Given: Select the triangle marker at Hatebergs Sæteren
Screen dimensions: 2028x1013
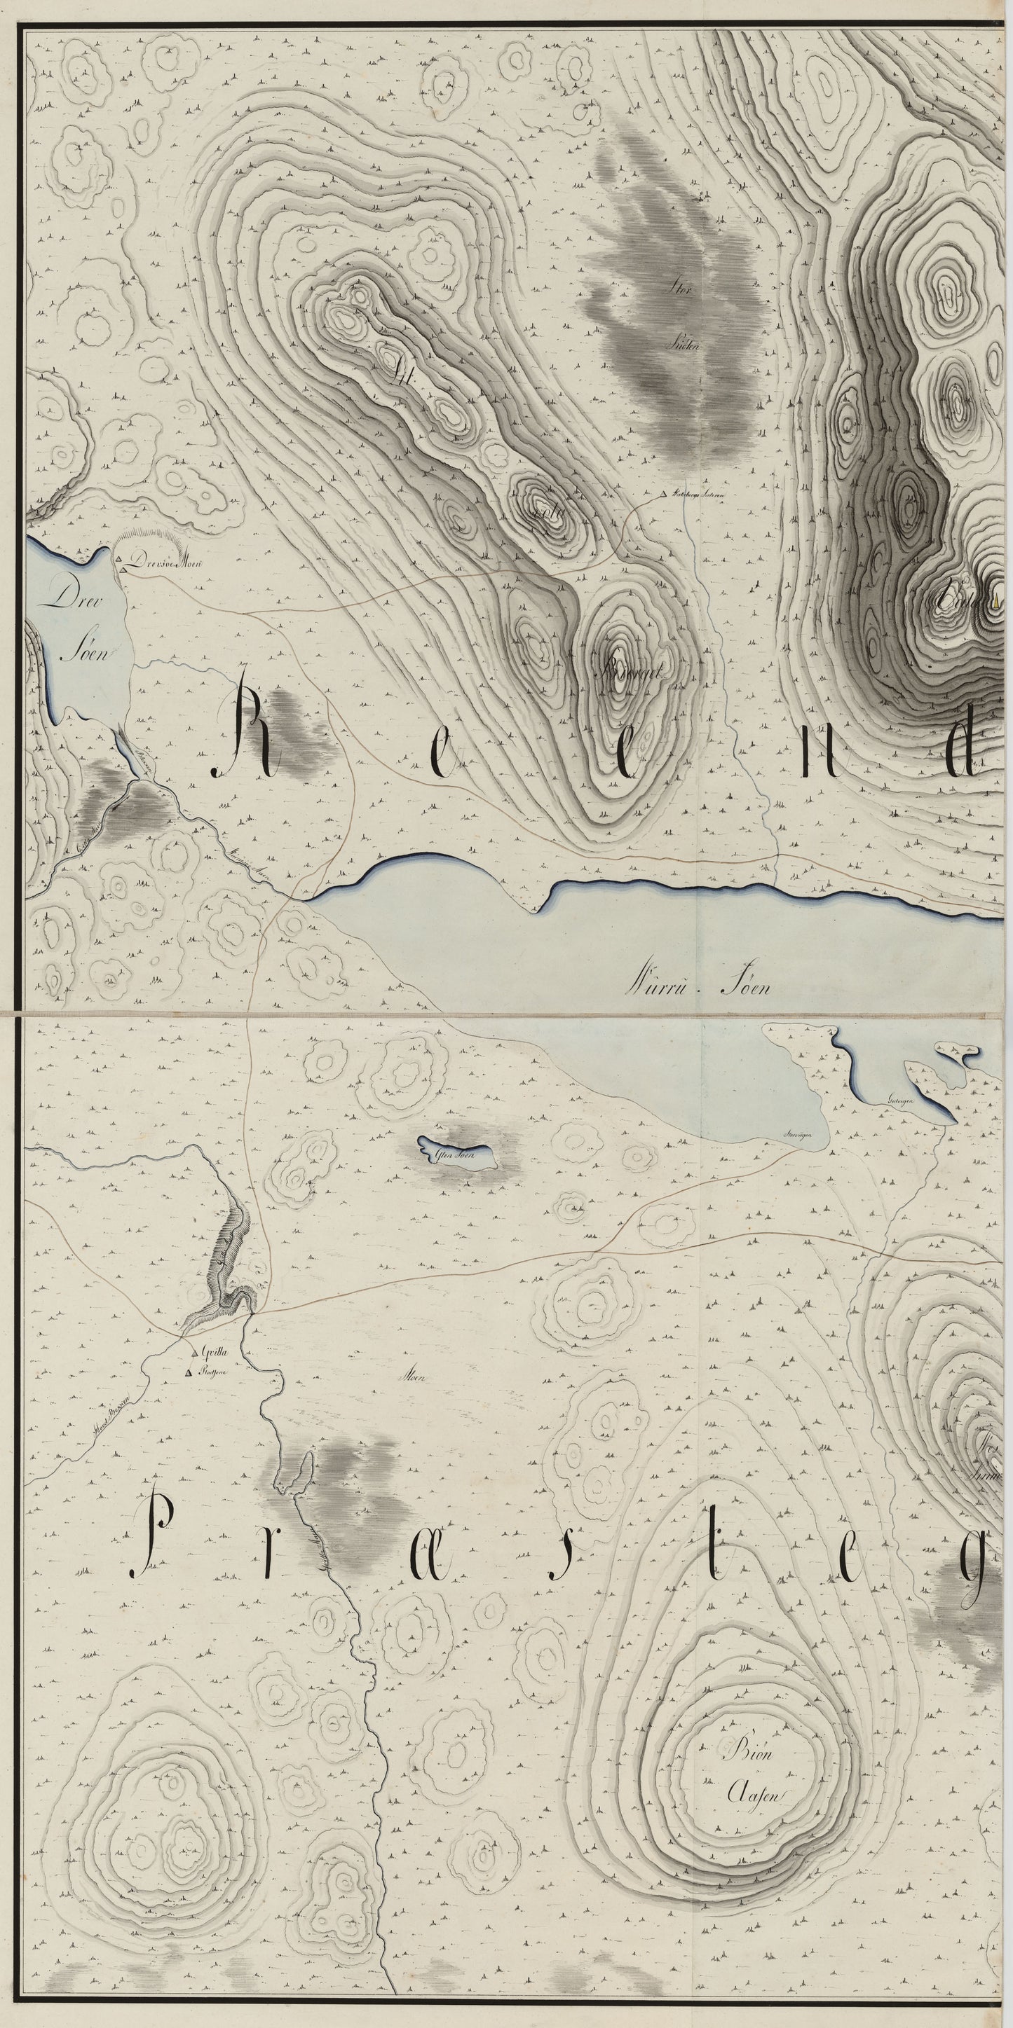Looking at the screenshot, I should point(664,495).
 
